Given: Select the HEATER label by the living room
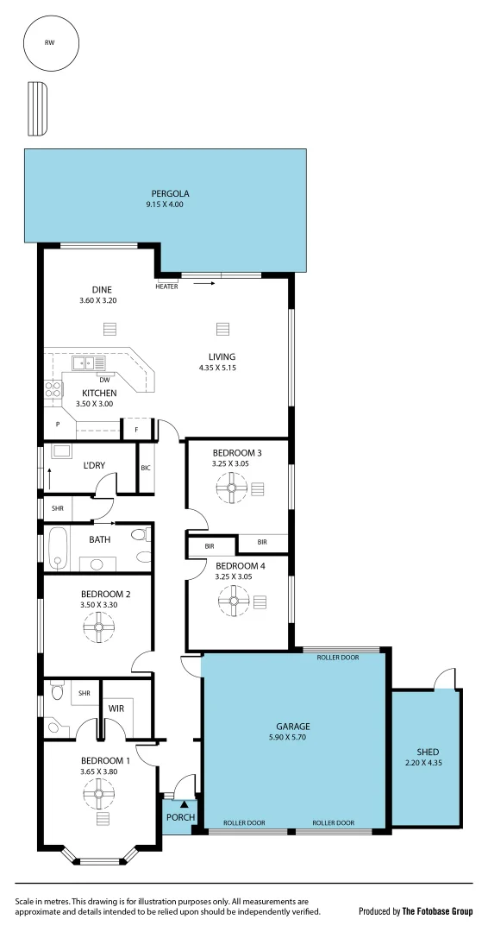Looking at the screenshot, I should pyautogui.click(x=166, y=287).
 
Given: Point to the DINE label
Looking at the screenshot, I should pyautogui.click(x=103, y=290).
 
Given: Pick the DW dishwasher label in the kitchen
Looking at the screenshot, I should pyautogui.click(x=103, y=380).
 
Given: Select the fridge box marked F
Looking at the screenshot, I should pyautogui.click(x=136, y=429).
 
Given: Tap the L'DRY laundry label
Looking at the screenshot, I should pyautogui.click(x=94, y=466).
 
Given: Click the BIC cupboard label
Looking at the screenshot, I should pyautogui.click(x=145, y=468).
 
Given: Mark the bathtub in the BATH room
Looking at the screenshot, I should pyautogui.click(x=59, y=549).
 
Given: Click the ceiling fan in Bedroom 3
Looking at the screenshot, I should pyautogui.click(x=232, y=489).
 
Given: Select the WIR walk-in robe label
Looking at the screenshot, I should pyautogui.click(x=116, y=708).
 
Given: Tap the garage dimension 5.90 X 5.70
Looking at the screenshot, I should pyautogui.click(x=293, y=738).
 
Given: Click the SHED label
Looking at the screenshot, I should pyautogui.click(x=428, y=753).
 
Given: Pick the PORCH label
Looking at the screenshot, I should pyautogui.click(x=180, y=817).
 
